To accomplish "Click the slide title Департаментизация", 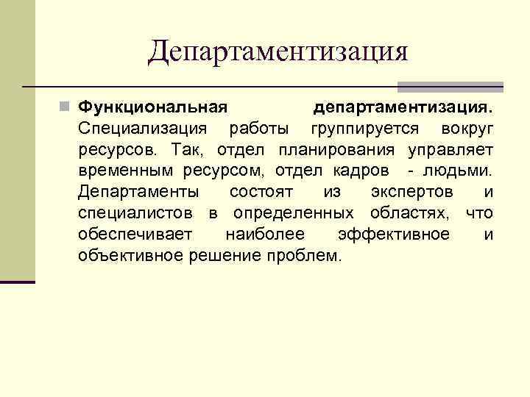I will point(277,51).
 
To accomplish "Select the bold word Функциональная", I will point(152,108).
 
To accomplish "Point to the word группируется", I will point(365,129).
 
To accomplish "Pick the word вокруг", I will point(467,129).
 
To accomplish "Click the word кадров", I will point(366,171).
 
